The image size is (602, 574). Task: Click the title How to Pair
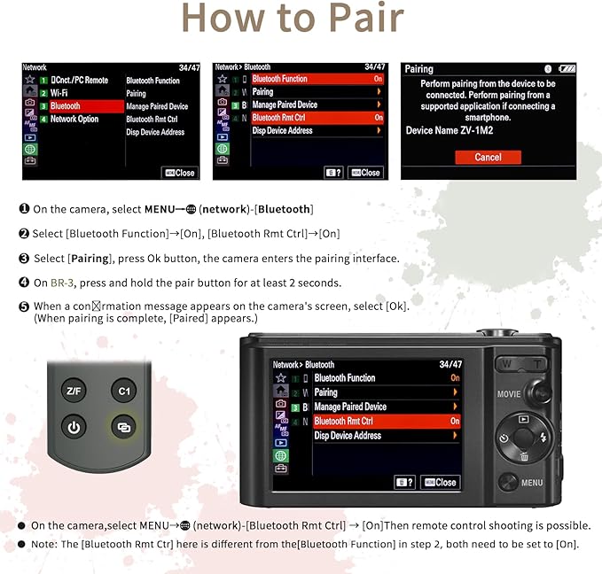tap(293, 19)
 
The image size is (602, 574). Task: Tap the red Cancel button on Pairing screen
tap(488, 157)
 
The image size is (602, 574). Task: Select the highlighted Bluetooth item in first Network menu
tap(66, 105)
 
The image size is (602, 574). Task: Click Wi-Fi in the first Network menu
tap(59, 92)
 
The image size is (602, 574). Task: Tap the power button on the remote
tap(74, 428)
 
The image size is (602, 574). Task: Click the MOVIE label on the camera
tap(509, 394)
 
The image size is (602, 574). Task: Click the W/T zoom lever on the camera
tap(521, 363)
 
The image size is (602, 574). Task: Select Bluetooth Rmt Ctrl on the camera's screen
tap(344, 422)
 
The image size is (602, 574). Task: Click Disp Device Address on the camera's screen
tap(348, 436)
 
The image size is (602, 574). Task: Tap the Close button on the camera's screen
tap(441, 482)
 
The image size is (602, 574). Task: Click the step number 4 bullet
tap(24, 283)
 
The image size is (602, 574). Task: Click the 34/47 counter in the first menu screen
tap(189, 67)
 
